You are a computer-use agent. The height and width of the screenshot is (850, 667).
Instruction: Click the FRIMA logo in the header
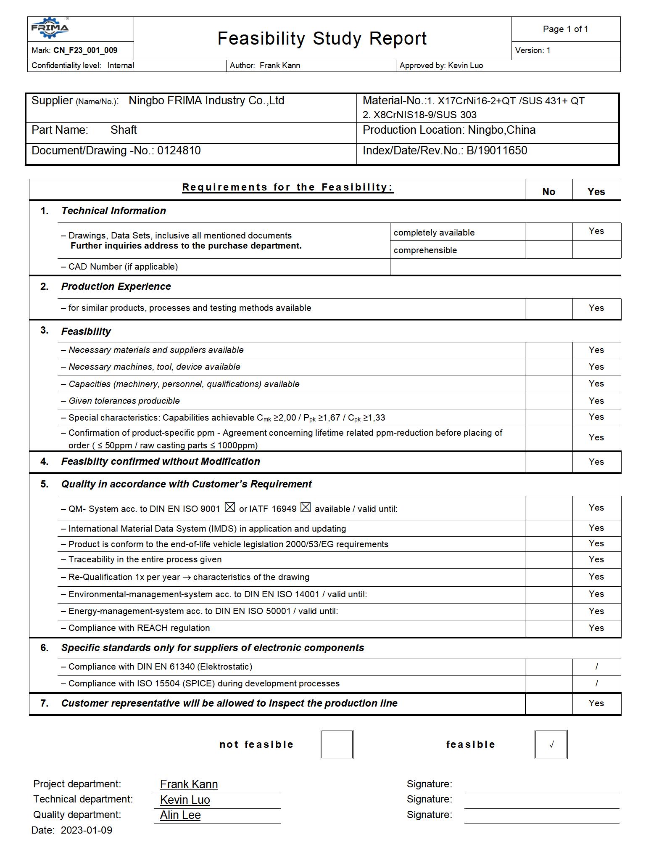50,28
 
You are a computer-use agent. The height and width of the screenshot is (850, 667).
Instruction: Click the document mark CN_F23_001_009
85,50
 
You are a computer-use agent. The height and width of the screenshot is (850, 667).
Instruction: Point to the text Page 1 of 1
565,29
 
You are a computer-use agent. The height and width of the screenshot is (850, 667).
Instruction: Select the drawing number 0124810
179,151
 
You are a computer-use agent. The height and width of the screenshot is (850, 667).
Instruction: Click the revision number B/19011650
497,151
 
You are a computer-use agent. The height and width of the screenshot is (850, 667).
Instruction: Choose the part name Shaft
124,130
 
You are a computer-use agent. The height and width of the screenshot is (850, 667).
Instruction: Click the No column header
548,192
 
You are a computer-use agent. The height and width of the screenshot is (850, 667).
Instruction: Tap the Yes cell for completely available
596,231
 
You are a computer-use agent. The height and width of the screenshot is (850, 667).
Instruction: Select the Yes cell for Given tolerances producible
596,401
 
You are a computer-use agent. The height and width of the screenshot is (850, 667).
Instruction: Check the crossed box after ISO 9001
230,508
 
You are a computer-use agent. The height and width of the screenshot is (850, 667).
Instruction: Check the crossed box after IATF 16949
306,508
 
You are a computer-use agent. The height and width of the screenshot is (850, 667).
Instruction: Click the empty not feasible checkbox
337,744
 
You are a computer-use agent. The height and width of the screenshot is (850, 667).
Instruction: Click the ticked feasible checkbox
551,744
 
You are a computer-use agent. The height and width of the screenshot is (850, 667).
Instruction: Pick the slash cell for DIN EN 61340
596,667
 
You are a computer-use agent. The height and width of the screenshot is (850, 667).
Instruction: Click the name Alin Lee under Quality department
180,815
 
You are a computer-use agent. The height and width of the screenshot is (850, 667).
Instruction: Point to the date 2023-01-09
87,830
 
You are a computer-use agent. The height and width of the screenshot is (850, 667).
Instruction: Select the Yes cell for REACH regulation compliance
596,628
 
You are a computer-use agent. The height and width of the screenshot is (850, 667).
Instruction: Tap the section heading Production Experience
116,286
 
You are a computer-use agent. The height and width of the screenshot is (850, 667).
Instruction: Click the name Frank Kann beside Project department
189,784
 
